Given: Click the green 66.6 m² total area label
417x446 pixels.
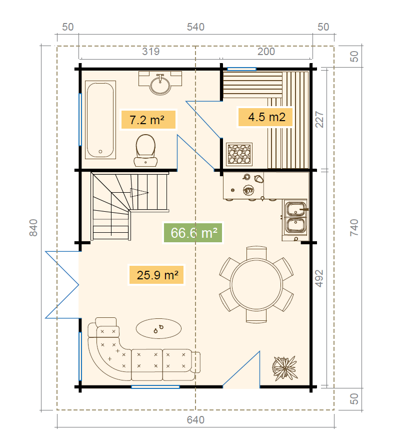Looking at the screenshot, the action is pyautogui.click(x=193, y=233).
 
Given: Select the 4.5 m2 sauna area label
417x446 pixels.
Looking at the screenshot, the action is pyautogui.click(x=265, y=117).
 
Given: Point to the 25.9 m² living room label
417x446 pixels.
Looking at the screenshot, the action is pyautogui.click(x=156, y=275).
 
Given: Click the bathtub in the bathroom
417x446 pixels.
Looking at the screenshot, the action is pyautogui.click(x=100, y=120).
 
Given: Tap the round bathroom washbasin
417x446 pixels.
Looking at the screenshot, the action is pyautogui.click(x=160, y=85).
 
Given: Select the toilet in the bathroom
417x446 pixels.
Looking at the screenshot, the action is pyautogui.click(x=145, y=150).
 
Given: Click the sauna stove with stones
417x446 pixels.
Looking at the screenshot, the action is pyautogui.click(x=239, y=155).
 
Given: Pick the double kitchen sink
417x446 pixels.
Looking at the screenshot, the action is pyautogui.click(x=295, y=217).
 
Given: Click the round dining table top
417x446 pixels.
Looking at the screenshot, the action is pyautogui.click(x=256, y=284).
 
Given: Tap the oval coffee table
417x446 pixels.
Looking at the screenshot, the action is pyautogui.click(x=158, y=328).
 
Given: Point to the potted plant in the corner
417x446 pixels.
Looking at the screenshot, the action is pyautogui.click(x=284, y=368).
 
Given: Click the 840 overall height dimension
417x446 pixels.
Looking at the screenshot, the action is pyautogui.click(x=33, y=228).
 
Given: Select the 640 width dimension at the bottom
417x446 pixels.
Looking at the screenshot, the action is pyautogui.click(x=195, y=420).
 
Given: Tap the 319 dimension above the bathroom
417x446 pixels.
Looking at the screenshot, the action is pyautogui.click(x=150, y=52).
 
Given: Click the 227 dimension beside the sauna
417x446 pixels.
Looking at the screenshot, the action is pyautogui.click(x=319, y=120).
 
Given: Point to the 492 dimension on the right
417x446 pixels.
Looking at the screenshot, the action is pyautogui.click(x=319, y=278).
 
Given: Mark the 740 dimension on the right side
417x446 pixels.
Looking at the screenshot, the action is pyautogui.click(x=354, y=228).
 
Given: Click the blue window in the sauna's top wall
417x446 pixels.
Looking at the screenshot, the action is pyautogui.click(x=241, y=69).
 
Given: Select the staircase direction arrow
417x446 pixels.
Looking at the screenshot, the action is pyautogui.click(x=139, y=193).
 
